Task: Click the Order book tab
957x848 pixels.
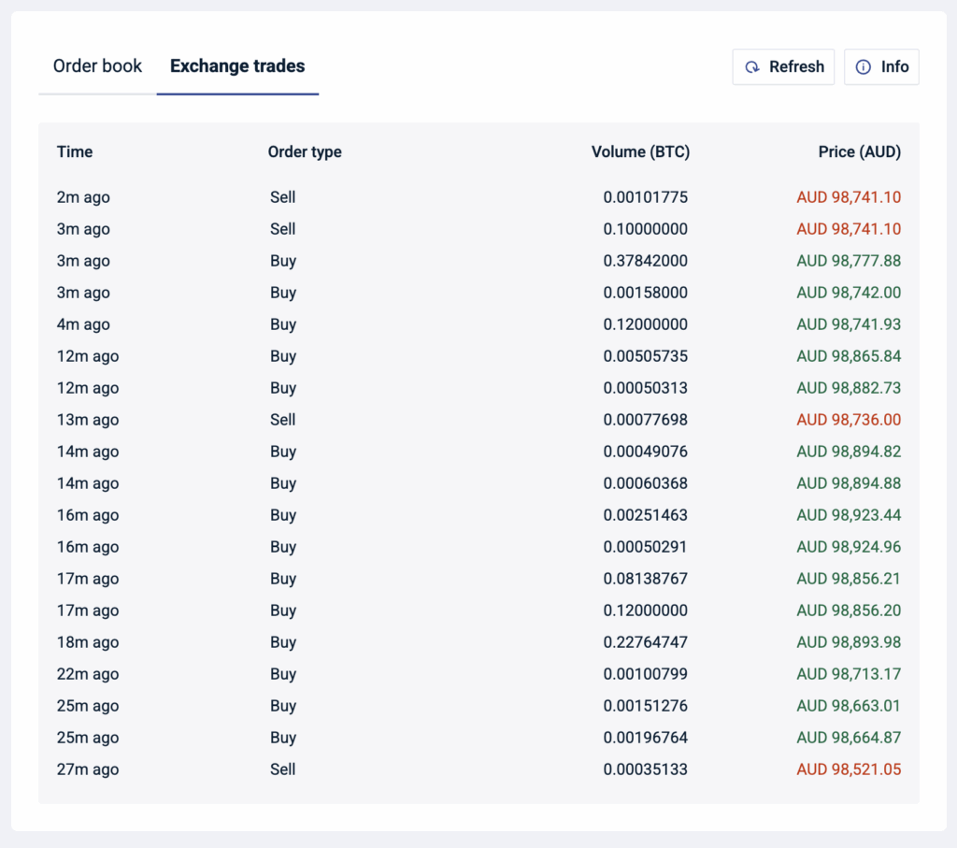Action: tap(97, 66)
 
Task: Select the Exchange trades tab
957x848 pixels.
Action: tap(237, 66)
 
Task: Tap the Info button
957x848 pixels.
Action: tap(881, 67)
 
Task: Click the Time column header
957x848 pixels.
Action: tap(75, 151)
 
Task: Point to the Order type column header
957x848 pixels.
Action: tap(305, 151)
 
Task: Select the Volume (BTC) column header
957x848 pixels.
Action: tap(640, 151)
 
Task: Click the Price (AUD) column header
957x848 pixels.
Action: tap(859, 151)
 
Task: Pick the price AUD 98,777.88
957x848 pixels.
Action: tap(849, 261)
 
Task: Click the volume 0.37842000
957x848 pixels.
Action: tap(645, 261)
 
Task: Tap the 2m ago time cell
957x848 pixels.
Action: tap(83, 197)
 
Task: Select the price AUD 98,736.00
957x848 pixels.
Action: tap(849, 420)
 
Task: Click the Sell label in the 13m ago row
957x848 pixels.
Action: tap(282, 420)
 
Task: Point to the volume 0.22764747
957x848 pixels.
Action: tap(645, 642)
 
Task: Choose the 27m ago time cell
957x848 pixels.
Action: tap(88, 769)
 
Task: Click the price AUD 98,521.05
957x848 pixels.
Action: tap(849, 769)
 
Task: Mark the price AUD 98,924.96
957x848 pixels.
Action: tap(849, 547)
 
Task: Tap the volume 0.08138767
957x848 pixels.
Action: tap(645, 579)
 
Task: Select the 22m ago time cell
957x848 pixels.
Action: tap(88, 674)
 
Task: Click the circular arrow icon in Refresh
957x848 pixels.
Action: tap(752, 67)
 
